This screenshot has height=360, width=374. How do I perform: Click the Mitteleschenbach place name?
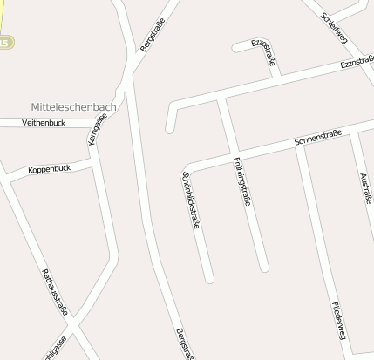(72, 105)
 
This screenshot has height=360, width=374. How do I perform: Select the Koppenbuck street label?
(49, 168)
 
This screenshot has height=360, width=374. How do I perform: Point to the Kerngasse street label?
(97, 129)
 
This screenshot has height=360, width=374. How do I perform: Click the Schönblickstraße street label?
(189, 200)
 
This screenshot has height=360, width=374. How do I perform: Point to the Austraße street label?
(365, 187)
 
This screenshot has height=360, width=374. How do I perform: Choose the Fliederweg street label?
(339, 321)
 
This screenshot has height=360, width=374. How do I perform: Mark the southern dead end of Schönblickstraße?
(208, 279)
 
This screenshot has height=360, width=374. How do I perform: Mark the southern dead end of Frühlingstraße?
(264, 267)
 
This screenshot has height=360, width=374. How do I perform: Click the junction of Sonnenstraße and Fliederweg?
(298, 146)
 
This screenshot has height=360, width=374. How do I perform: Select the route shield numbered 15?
(6, 42)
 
